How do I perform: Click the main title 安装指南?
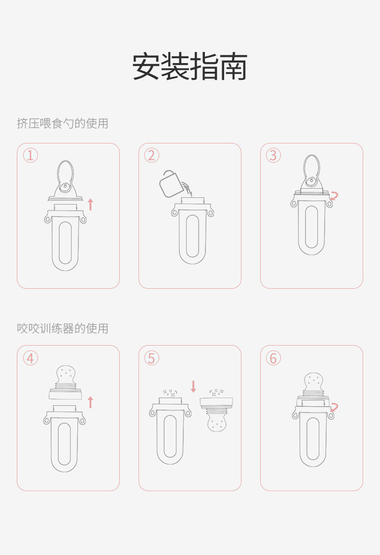pyautogui.click(x=190, y=67)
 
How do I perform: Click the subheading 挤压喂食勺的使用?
pyautogui.click(x=62, y=124)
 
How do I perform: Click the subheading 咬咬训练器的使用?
pyautogui.click(x=62, y=328)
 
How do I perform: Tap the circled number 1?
pyautogui.click(x=30, y=155)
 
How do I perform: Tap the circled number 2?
pyautogui.click(x=152, y=155)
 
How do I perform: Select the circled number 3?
pyautogui.click(x=273, y=155)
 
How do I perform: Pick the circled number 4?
pyautogui.click(x=30, y=358)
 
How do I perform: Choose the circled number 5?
pyautogui.click(x=152, y=358)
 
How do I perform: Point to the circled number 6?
pyautogui.click(x=273, y=358)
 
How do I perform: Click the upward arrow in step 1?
pyautogui.click(x=90, y=204)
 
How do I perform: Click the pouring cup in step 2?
pyautogui.click(x=172, y=183)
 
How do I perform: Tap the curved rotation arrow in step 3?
pyautogui.click(x=334, y=196)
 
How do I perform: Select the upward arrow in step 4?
pyautogui.click(x=90, y=402)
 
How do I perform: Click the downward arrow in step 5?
pyautogui.click(x=193, y=387)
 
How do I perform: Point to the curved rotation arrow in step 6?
pyautogui.click(x=334, y=407)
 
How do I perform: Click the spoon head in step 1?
pyautogui.click(x=65, y=175)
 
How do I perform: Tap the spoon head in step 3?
pyautogui.click(x=312, y=169)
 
